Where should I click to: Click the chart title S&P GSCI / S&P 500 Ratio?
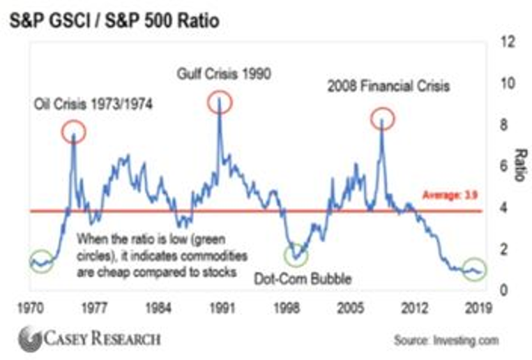pos(114,21)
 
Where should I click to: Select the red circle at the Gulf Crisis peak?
pos(220,103)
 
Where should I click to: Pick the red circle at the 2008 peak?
pos(382,119)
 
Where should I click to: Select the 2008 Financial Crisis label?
pos(388,87)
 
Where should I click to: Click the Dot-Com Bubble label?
pos(303,280)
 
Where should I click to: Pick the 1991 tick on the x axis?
pos(223,308)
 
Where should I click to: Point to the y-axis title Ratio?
pos(519,165)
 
